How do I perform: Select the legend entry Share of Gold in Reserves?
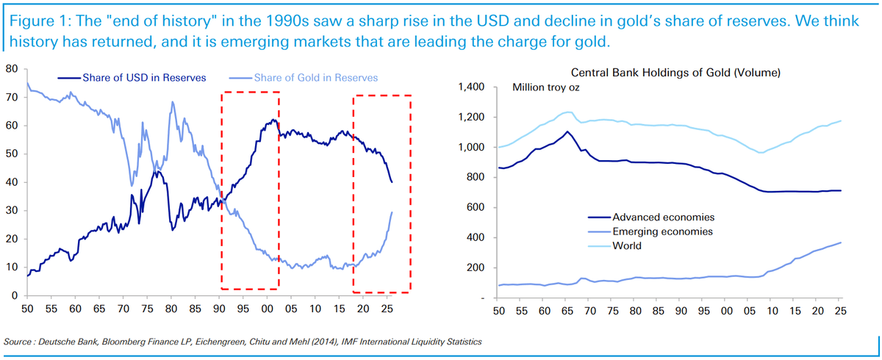coord(315,77)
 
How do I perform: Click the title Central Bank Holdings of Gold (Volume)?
coord(675,73)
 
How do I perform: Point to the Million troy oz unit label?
coord(546,89)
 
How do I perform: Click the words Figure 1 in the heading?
coord(34,21)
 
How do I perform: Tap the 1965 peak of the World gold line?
coord(567,112)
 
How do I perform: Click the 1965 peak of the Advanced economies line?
coord(566,132)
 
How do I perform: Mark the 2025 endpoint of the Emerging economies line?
coord(840,242)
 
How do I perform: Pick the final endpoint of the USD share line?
coord(392,182)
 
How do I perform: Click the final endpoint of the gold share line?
coord(392,212)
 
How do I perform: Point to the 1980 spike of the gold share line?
coord(172,102)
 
